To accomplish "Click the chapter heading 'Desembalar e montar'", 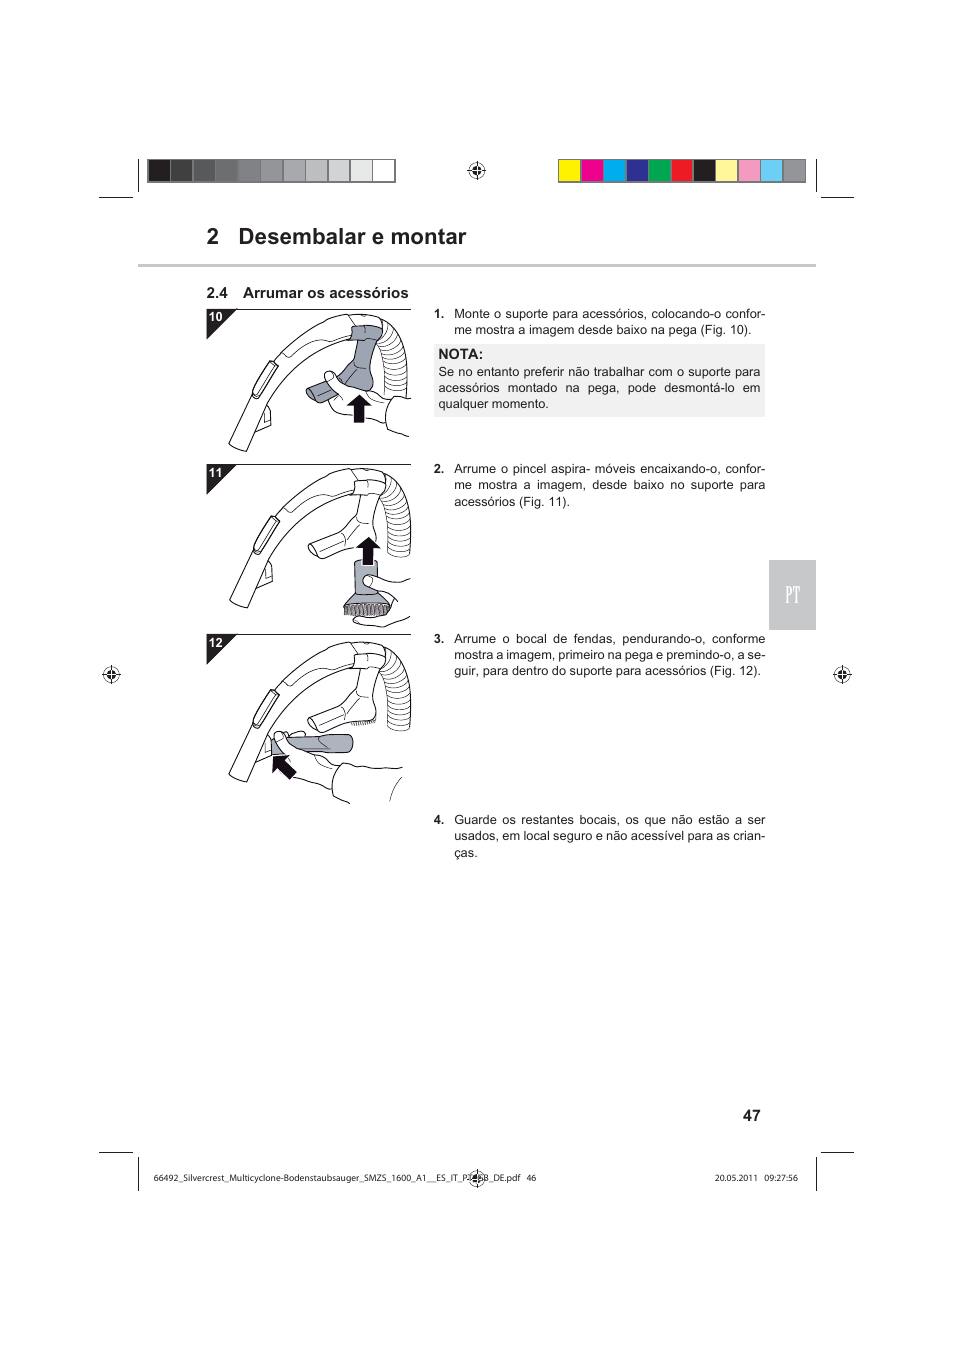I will pos(352,237).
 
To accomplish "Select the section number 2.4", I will pos(217,293).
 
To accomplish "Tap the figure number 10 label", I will pos(215,318).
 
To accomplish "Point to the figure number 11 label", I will pos(215,474).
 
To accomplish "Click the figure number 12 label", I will pos(215,644).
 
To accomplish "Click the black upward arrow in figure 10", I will pos(358,408).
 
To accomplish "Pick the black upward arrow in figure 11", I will pos(368,551).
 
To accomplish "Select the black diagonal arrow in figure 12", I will pos(284,767).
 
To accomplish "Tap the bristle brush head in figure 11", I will pos(365,607).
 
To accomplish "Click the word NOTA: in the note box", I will pos(460,354).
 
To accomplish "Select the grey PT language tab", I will pos(792,595).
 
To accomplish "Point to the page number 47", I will pos(751,1116).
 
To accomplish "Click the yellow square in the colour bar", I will pos(569,171).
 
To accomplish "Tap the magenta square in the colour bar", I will pos(592,171).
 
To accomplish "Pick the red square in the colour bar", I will pos(682,171).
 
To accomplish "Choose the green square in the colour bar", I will pos(660,171).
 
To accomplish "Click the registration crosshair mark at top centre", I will pos(477,171).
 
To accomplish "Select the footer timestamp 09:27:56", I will pos(781,1178).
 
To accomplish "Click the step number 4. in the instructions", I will pos(438,820).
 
